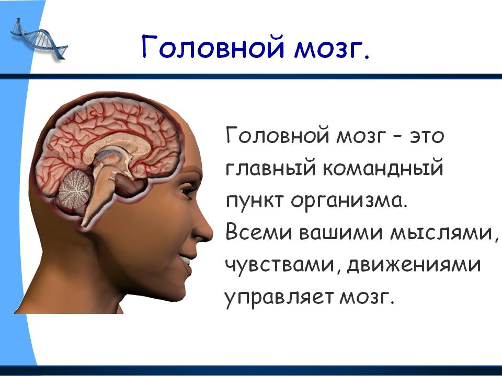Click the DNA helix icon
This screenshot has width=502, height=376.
click(x=38, y=40)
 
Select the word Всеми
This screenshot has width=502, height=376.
click(x=259, y=232)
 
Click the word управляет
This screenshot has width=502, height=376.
click(x=279, y=298)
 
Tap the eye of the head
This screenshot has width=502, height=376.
click(x=187, y=191)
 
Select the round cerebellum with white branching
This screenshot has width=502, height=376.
click(x=74, y=189)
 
